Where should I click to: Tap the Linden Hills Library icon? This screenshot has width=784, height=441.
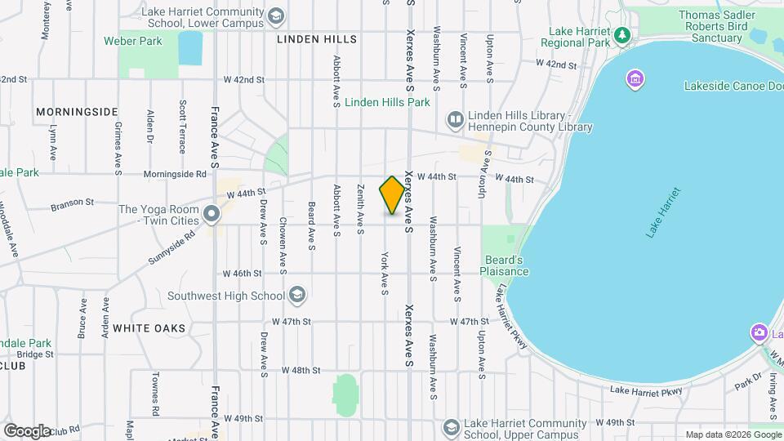pyautogui.click(x=455, y=121)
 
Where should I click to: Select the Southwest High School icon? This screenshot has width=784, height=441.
pyautogui.click(x=297, y=295)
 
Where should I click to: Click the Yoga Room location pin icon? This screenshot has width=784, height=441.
pyautogui.click(x=212, y=215)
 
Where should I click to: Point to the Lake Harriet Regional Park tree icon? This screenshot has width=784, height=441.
pyautogui.click(x=622, y=34)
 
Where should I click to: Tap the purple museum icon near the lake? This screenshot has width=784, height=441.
pyautogui.click(x=635, y=79)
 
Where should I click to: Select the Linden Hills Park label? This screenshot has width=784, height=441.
pyautogui.click(x=387, y=103)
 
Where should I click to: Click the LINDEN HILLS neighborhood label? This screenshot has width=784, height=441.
pyautogui.click(x=317, y=39)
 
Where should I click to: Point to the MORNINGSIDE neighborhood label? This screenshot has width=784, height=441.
pyautogui.click(x=77, y=111)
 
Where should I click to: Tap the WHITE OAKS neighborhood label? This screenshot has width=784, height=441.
pyautogui.click(x=149, y=328)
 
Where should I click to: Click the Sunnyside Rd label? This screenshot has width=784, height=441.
pyautogui.click(x=171, y=238)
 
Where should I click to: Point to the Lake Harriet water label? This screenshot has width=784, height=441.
pyautogui.click(x=662, y=216)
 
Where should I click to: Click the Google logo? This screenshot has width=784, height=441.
pyautogui.click(x=27, y=430)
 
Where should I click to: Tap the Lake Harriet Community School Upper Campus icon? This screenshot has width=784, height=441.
pyautogui.click(x=451, y=428)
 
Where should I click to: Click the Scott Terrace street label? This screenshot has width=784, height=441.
pyautogui.click(x=182, y=127)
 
